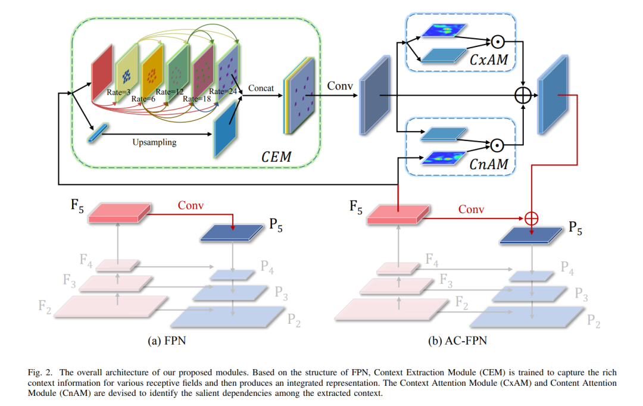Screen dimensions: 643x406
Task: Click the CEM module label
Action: [276, 157]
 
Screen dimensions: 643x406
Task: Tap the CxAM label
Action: [488, 60]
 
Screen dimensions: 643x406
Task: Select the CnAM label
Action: [488, 164]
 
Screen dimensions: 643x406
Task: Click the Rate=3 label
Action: [118, 92]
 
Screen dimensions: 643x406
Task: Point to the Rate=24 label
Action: [223, 91]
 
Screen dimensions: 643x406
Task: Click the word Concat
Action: [261, 88]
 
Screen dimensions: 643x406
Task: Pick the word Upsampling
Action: [154, 142]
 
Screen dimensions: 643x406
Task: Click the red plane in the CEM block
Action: [102, 72]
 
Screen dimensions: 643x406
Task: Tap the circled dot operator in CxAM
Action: [497, 42]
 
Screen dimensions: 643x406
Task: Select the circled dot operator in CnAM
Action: [497, 145]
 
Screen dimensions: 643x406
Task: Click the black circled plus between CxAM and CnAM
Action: [523, 96]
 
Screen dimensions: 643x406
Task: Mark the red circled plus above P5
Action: [532, 218]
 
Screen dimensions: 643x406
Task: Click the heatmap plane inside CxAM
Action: [444, 30]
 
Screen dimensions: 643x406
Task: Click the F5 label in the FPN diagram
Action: [77, 205]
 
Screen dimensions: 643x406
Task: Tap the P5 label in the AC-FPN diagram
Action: [575, 228]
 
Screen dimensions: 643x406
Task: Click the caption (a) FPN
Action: [167, 341]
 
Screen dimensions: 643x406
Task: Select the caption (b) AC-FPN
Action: [457, 341]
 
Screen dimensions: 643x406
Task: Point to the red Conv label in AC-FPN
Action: [471, 209]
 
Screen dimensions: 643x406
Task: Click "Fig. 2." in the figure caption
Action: [40, 373]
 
